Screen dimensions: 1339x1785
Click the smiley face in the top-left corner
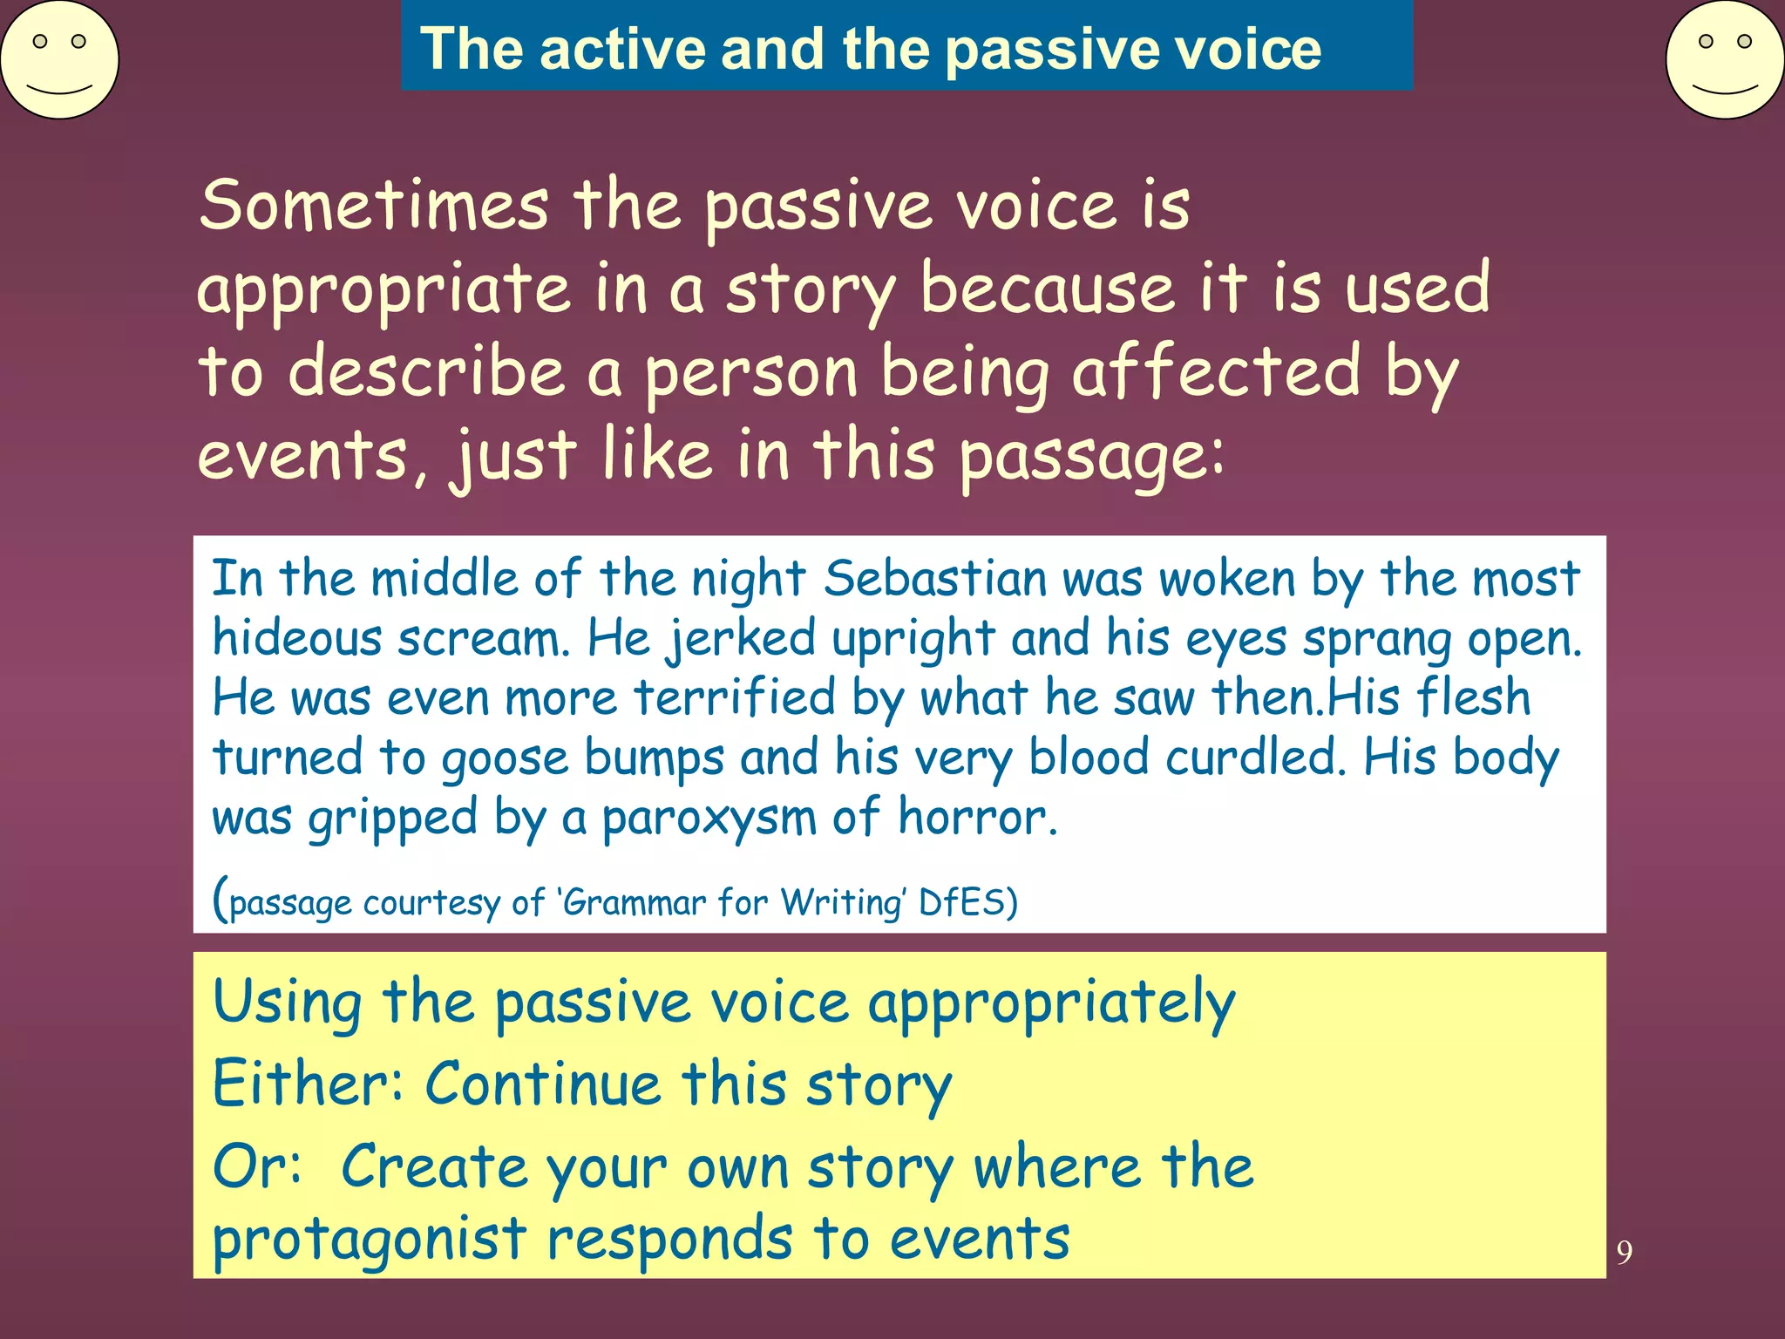point(59,59)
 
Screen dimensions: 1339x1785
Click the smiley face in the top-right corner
point(1724,59)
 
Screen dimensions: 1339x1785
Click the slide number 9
point(1624,1253)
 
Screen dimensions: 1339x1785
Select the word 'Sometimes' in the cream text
point(374,205)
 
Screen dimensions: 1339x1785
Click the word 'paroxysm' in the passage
point(709,818)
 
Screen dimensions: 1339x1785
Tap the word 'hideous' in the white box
point(297,638)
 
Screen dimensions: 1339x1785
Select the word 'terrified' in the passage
point(734,697)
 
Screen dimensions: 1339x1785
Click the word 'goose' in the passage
point(505,758)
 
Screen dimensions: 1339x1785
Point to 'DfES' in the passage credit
point(961,902)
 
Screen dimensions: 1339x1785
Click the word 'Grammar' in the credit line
point(634,902)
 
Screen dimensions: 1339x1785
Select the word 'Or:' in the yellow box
point(258,1166)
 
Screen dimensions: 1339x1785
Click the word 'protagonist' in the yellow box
point(370,1240)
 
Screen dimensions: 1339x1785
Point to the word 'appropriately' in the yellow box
point(1051,1003)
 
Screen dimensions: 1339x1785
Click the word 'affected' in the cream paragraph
point(1216,371)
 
